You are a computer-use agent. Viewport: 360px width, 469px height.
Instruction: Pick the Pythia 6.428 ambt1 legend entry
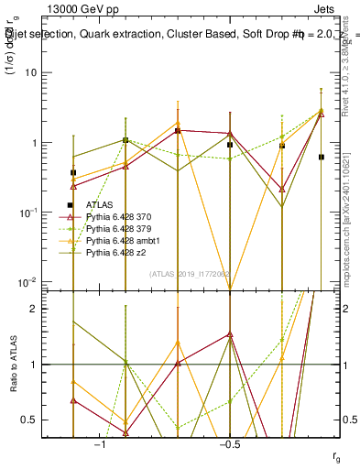click(123, 239)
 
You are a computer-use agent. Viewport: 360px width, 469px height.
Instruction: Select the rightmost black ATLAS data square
click(321, 157)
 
